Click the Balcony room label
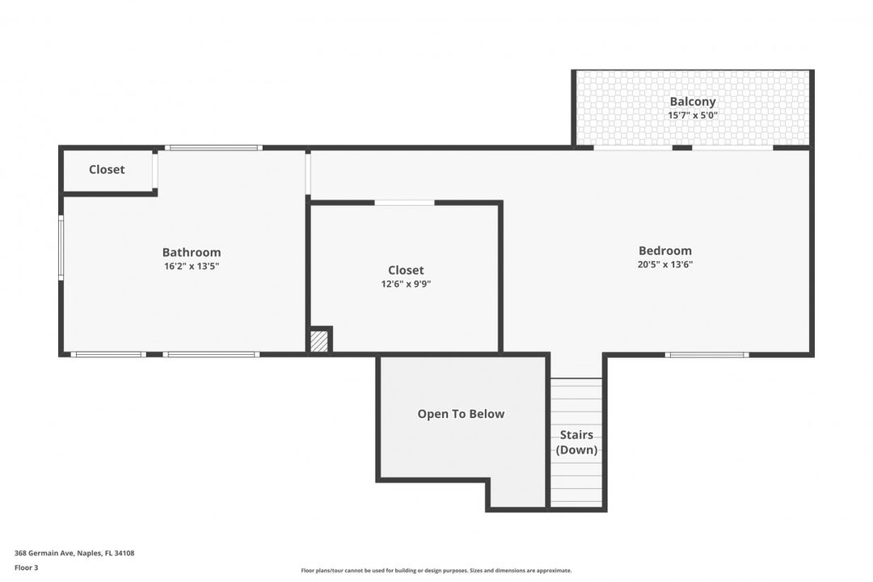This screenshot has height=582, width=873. click(693, 102)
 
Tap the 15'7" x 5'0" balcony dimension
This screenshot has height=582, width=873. click(693, 116)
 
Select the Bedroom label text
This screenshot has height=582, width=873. click(664, 251)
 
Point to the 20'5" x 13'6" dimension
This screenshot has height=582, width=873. click(664, 264)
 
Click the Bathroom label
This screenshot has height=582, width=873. click(192, 252)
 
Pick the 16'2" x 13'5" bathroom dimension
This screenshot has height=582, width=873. click(192, 266)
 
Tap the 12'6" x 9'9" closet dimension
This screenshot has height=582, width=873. click(406, 284)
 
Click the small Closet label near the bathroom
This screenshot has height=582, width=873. click(107, 170)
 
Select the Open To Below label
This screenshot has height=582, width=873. click(461, 414)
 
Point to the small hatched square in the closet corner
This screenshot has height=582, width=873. click(320, 340)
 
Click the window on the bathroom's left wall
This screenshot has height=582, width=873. click(61, 248)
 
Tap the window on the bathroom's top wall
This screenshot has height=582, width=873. click(213, 148)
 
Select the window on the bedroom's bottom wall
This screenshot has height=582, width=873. click(706, 354)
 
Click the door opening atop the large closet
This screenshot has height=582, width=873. click(404, 202)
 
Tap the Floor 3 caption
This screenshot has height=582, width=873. click(27, 567)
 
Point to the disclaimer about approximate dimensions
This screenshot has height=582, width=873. click(436, 571)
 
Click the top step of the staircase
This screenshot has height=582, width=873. click(577, 383)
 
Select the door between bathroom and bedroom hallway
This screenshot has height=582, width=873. click(308, 174)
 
